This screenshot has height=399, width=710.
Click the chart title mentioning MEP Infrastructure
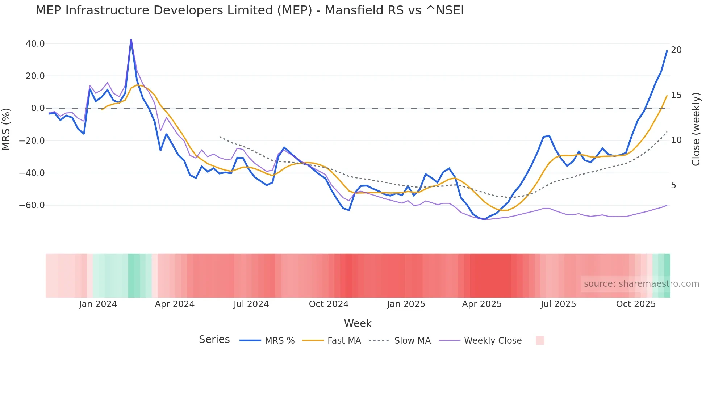pyautogui.click(x=250, y=10)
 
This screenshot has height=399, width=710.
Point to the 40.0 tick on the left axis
pyautogui.click(x=35, y=44)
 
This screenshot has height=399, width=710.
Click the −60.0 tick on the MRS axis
pyautogui.click(x=32, y=205)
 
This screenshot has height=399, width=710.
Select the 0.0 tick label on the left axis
pyautogui.click(x=38, y=108)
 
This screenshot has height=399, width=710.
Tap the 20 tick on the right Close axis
pyautogui.click(x=676, y=50)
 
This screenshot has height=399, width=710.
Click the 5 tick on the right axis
pyautogui.click(x=673, y=185)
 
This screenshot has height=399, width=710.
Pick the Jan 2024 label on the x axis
pyautogui.click(x=98, y=304)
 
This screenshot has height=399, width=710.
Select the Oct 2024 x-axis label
pyautogui.click(x=329, y=304)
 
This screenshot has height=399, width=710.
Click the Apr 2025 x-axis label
pyautogui.click(x=481, y=304)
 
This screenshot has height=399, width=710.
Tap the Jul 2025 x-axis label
pyautogui.click(x=558, y=304)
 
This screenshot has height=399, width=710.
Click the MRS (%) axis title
pyautogui.click(x=6, y=129)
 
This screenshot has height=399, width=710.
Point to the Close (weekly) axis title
pyautogui.click(x=696, y=129)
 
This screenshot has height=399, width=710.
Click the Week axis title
pyautogui.click(x=358, y=323)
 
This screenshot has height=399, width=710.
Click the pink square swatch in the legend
pyautogui.click(x=540, y=340)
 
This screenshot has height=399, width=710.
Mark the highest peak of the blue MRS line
pyautogui.click(x=131, y=39)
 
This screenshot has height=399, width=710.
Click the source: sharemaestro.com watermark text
pyautogui.click(x=641, y=284)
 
